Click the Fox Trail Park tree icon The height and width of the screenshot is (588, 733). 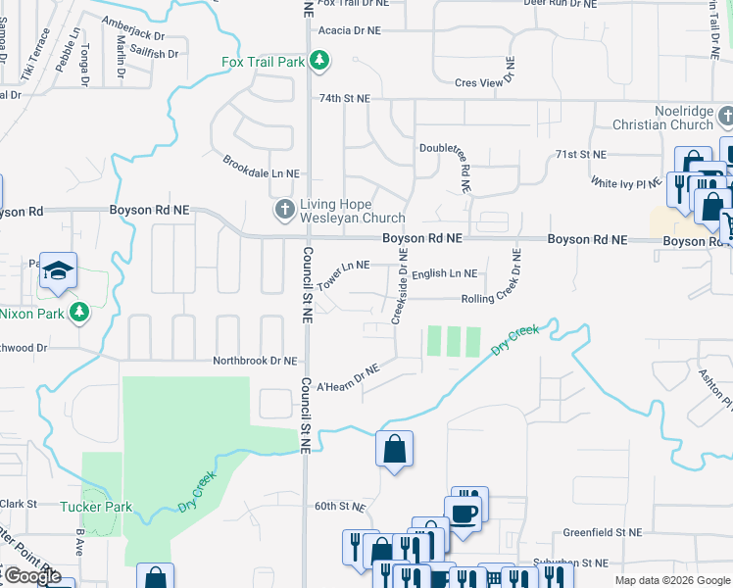pos(318,62)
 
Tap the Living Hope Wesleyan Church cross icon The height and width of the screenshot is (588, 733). pos(284,209)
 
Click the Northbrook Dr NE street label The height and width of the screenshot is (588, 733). pos(255,362)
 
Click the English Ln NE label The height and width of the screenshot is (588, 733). pos(444,274)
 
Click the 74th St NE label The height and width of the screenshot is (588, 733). pos(345,99)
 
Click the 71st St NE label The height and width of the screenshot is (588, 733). pos(581,155)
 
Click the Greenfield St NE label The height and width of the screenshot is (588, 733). pos(602,532)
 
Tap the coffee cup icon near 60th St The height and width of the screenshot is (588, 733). pos(463,513)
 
